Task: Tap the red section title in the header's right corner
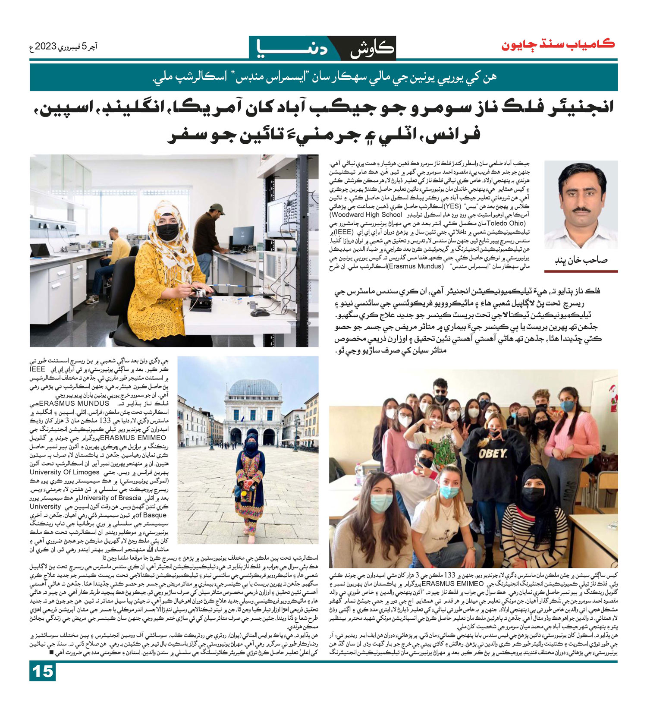tap(558, 44)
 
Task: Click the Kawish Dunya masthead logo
tap(322, 48)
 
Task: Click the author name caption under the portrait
tap(581, 261)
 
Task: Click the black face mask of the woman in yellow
tap(167, 232)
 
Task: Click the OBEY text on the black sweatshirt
tap(492, 453)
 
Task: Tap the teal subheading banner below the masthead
tap(323, 77)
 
